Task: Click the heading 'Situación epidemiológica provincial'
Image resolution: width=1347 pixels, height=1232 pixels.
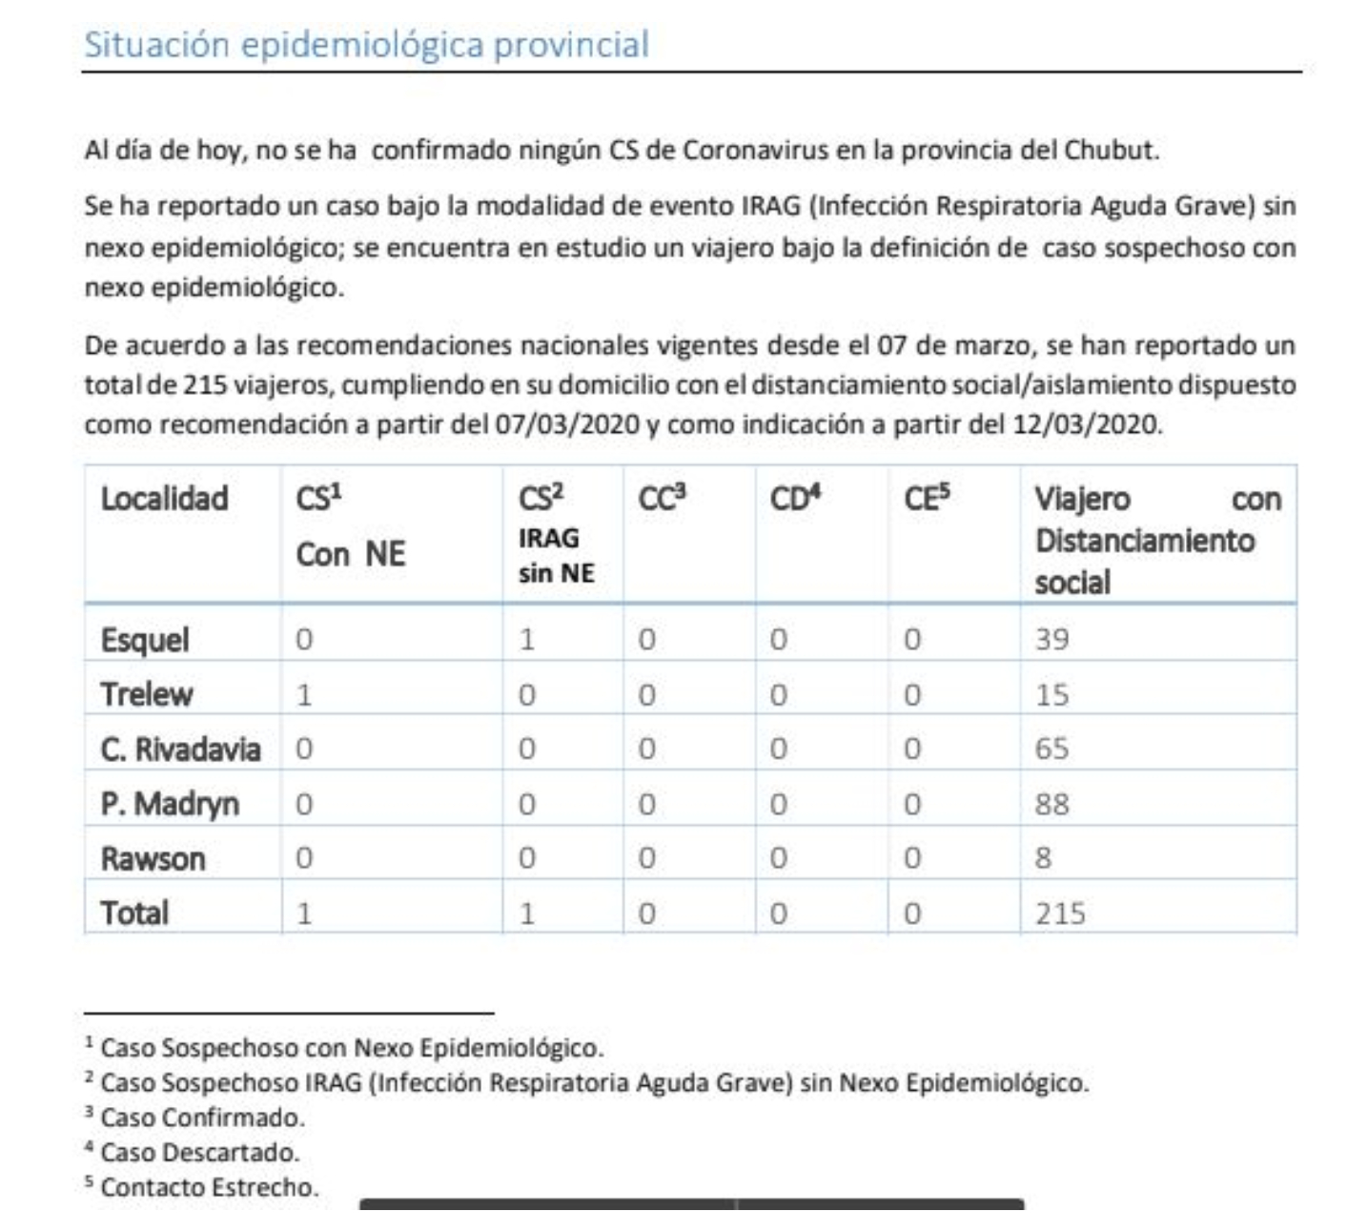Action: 367,45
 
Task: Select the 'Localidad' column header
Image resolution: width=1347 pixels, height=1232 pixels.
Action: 165,499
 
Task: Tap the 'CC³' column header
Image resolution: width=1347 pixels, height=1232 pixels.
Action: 662,497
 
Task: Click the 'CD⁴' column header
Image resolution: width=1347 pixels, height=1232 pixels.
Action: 795,497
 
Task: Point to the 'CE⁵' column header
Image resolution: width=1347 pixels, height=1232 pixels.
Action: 927,497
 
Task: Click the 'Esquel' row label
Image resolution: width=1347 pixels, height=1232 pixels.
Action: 145,639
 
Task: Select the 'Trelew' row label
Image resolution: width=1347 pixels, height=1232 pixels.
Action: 147,694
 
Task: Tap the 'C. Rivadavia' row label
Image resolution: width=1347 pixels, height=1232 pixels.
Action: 180,749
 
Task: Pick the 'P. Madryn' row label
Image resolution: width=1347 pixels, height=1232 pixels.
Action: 170,804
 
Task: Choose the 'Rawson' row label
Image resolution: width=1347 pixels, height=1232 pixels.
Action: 153,859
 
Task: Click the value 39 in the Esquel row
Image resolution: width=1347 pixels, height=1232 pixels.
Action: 1051,639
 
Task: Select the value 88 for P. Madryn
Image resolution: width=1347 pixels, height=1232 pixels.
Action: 1051,804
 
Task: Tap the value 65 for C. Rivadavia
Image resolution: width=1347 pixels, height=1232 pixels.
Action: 1051,749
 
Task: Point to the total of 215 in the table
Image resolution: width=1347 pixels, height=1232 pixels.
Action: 1060,914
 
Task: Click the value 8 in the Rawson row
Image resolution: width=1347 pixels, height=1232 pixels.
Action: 1044,858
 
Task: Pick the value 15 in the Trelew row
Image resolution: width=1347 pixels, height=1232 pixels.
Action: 1051,694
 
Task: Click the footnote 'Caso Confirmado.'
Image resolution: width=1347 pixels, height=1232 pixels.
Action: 202,1118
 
